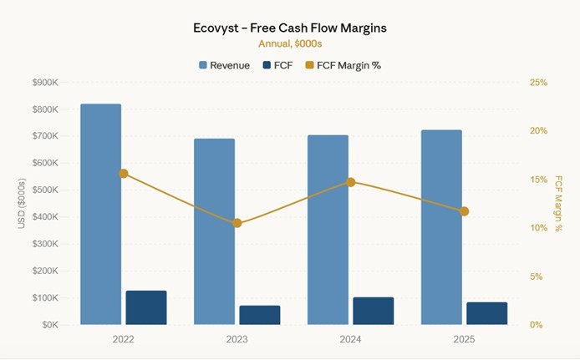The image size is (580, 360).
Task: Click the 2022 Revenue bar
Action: click(100, 214)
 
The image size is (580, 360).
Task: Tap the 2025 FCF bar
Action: click(486, 313)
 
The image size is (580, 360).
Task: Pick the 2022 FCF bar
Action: click(146, 307)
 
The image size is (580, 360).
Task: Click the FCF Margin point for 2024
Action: click(351, 182)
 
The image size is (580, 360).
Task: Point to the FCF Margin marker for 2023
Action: click(237, 223)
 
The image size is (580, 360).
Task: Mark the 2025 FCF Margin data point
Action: click(464, 211)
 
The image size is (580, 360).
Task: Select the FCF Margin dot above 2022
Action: click(124, 174)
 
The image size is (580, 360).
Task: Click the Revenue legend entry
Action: click(224, 65)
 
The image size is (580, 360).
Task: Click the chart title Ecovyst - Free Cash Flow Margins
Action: click(289, 28)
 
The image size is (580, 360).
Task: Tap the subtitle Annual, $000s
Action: click(289, 43)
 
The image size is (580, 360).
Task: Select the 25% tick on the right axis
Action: click(538, 83)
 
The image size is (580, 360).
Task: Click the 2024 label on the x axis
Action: click(350, 340)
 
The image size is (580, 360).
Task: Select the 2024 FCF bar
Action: click(373, 311)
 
